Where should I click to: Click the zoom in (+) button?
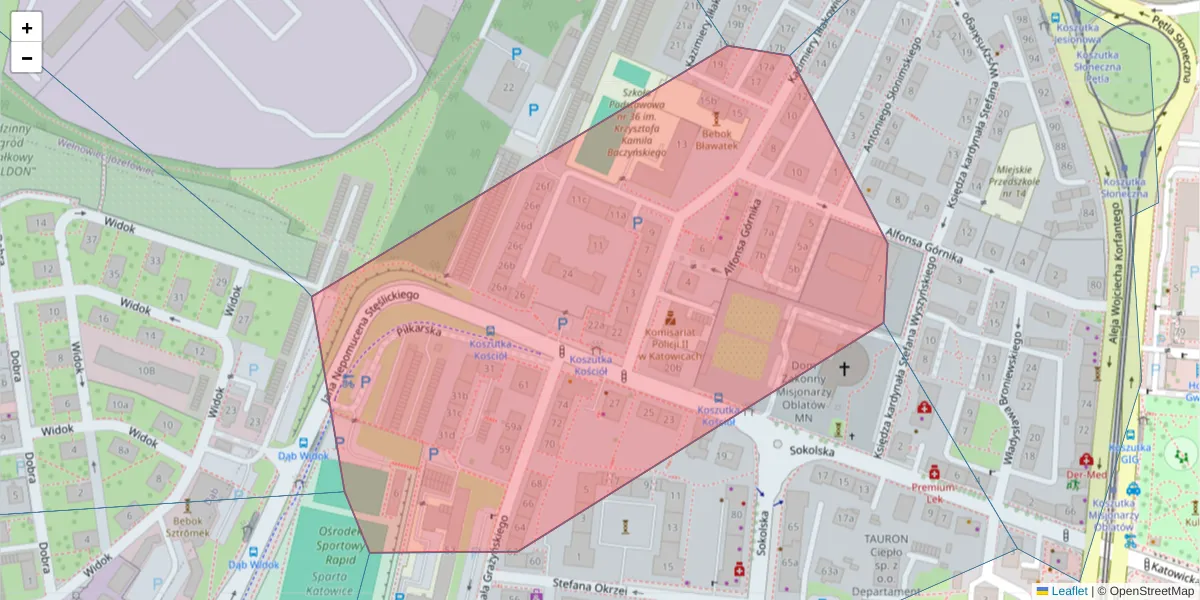27,28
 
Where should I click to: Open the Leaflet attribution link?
1069,591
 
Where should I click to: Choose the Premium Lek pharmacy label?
934,492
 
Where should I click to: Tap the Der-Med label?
1086,475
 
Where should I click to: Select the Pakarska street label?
419,330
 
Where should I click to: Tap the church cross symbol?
844,370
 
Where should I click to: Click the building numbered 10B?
146,371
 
